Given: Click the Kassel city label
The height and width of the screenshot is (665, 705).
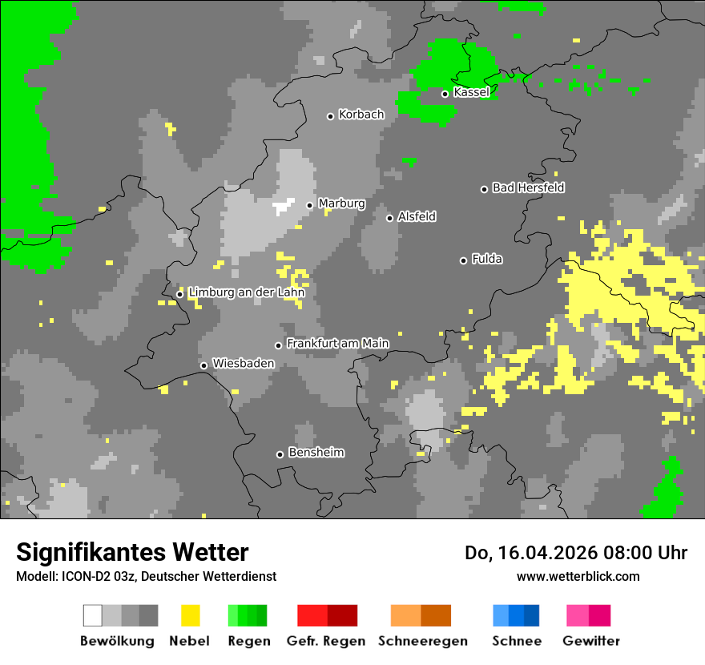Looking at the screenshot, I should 471,92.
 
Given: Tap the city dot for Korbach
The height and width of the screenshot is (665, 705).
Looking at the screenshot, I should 330,116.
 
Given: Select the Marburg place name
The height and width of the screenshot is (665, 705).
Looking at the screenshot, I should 341,204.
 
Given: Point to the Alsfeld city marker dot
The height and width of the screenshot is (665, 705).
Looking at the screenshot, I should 389,218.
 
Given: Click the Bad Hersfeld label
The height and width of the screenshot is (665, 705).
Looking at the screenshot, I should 528,187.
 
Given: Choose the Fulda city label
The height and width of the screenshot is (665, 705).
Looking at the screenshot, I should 487,259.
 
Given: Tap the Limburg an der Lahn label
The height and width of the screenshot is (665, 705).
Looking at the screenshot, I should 246,292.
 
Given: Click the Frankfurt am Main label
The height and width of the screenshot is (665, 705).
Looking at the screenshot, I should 337,344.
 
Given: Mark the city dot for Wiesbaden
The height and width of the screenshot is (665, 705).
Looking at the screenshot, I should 203,365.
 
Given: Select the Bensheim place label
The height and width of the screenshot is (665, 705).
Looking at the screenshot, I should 316,453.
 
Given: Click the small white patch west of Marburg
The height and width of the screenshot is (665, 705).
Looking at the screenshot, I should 283,207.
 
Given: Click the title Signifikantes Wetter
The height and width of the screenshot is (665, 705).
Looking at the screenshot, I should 132,553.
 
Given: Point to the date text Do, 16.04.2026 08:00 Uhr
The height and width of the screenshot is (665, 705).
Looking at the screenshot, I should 575,553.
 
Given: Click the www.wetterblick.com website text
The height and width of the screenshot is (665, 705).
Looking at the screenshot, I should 578,576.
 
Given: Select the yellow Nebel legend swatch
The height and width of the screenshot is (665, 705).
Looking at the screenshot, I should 190,615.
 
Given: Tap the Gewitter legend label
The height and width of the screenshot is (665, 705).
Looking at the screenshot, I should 590,641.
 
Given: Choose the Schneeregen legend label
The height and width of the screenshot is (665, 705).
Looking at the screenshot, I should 422,641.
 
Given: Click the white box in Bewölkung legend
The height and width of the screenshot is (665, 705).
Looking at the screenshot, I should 92,615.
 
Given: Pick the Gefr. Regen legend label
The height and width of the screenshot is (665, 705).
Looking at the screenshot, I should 326,641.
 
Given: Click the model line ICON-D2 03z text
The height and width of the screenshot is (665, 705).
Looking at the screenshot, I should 146,576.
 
